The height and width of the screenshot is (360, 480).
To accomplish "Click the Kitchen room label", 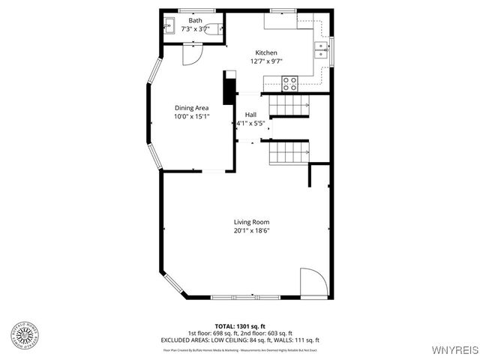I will tap(266, 52).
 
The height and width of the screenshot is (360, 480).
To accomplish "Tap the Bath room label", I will tap(195, 20).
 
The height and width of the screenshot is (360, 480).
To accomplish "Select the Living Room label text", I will tap(251, 222).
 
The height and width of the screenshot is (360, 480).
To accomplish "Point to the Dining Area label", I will tap(191, 108).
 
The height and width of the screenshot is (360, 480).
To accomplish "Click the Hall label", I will tap(250, 115).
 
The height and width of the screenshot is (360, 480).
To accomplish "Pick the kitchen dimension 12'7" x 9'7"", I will tap(266, 61).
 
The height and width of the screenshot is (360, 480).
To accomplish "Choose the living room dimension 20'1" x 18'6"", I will tap(251, 231).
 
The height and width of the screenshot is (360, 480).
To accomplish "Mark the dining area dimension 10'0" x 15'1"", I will tap(191, 117).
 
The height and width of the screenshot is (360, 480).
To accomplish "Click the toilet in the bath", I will tap(214, 29).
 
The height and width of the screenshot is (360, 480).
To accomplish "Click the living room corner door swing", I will tap(311, 283).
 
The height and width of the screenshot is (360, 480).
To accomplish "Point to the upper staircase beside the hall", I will tap(289, 106).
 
